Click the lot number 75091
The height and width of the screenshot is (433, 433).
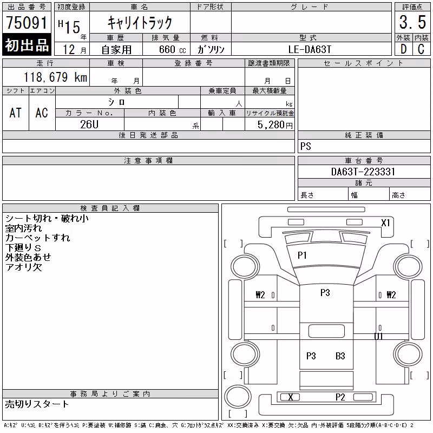pos(27,22)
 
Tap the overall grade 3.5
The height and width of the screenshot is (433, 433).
pos(412,22)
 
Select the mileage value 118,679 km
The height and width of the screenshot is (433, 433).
pos(55,77)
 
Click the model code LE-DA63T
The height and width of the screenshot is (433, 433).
pos(310,49)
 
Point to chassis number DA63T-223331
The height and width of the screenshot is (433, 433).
pos(363,172)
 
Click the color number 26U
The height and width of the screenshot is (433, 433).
pos(89,124)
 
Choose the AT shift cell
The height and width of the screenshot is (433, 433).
pos(16,113)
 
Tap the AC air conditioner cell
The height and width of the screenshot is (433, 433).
pos(42,113)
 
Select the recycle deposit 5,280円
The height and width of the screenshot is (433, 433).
pos(275,125)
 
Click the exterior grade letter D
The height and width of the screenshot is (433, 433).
pos(403,49)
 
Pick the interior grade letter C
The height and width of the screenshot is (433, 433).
pos(421,49)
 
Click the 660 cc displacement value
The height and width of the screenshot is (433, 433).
pos(173,49)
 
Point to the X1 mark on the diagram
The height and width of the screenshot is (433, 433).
pos(385,222)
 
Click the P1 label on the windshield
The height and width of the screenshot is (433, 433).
pos(302,255)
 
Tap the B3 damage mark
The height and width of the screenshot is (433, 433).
pos(340,356)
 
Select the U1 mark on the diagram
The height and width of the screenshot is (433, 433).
pos(378,336)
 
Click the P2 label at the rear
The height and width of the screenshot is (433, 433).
pos(340,397)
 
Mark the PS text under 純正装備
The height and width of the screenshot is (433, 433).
pos(306,146)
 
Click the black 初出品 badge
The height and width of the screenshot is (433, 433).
pos(27,45)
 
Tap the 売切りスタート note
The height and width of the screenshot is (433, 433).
pos(37,404)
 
